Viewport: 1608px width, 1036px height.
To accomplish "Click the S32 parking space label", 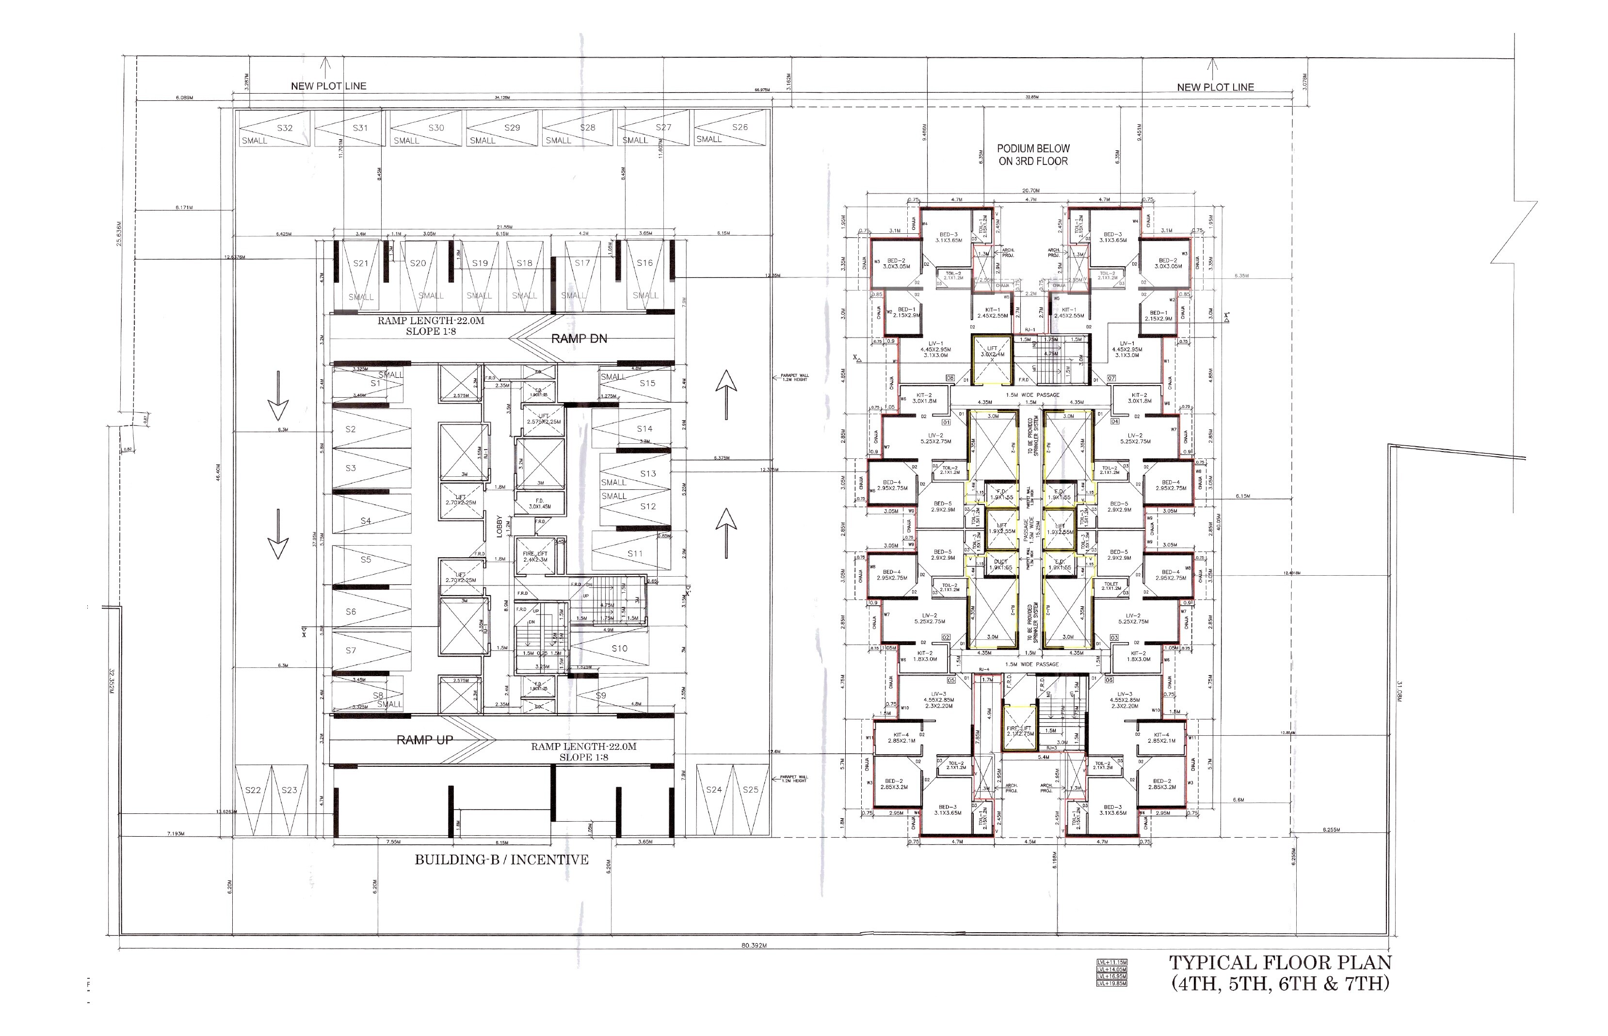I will click(285, 128).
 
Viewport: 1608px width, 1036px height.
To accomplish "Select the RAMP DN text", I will click(579, 339).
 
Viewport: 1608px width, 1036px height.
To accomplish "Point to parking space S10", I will click(619, 648).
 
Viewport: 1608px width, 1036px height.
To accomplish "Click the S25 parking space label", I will click(751, 790).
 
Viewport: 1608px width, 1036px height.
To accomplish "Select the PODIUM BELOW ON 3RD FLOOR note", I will click(1033, 155).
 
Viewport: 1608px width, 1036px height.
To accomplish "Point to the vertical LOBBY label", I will click(499, 527).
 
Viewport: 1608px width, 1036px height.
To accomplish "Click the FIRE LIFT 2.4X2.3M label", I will click(535, 556).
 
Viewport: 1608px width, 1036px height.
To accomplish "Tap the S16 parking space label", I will click(644, 263).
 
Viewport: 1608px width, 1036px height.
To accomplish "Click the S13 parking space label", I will click(648, 473).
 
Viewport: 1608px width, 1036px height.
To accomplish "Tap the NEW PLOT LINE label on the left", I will click(328, 86).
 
